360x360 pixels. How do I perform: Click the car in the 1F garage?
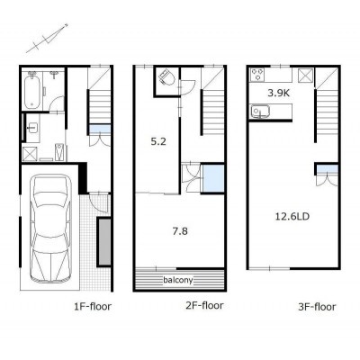coord(51,229)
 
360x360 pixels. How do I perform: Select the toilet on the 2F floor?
coord(167,77)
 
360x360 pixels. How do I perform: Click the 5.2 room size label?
coord(158,141)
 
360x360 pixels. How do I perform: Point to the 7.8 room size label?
coord(180,231)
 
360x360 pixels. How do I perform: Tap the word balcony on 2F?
coord(178,280)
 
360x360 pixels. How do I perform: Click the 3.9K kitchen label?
coord(279,93)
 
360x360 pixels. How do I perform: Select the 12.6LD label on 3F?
coord(292,216)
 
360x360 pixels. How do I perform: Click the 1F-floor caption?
coord(93,306)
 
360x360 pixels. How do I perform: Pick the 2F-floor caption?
coord(204,305)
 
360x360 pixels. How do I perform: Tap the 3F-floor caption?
coord(317,307)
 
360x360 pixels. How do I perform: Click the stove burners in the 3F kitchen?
coord(257,75)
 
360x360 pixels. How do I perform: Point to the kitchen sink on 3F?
coord(260,112)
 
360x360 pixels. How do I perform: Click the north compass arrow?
coord(47,39)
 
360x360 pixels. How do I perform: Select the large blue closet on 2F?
coord(213,179)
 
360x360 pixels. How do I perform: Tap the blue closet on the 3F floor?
coord(328,169)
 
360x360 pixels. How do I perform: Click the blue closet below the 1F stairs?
coord(100,130)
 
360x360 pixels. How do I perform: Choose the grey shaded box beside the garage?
coord(104,242)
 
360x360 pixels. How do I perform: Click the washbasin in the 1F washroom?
coord(32,128)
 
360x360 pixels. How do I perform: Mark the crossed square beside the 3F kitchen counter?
coord(305,75)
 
